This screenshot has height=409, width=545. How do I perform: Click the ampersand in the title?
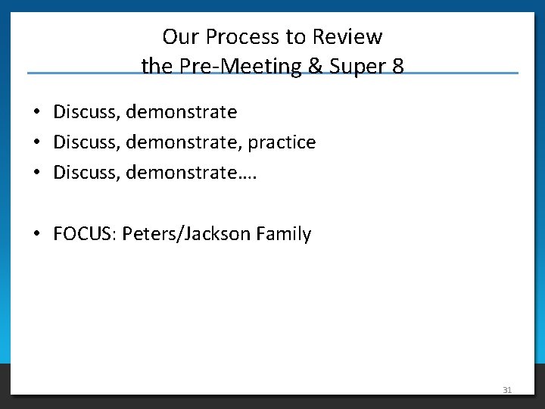(x=316, y=67)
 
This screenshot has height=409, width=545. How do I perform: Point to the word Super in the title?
(x=357, y=67)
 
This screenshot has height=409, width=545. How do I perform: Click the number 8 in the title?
(x=398, y=67)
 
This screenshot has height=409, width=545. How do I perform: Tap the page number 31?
(x=507, y=390)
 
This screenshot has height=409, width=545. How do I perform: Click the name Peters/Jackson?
(x=186, y=234)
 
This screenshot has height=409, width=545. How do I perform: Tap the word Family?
(x=284, y=234)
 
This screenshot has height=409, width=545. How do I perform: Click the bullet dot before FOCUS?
(x=36, y=235)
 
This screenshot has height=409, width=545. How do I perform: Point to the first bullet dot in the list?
(x=36, y=113)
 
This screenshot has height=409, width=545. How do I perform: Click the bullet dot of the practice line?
(x=36, y=143)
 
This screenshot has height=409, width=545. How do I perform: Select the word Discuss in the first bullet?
(x=86, y=112)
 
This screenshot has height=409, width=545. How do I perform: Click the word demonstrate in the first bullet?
(x=182, y=112)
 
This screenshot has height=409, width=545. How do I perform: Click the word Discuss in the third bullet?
(x=86, y=173)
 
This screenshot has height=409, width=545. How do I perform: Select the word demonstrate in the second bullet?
(x=182, y=142)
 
